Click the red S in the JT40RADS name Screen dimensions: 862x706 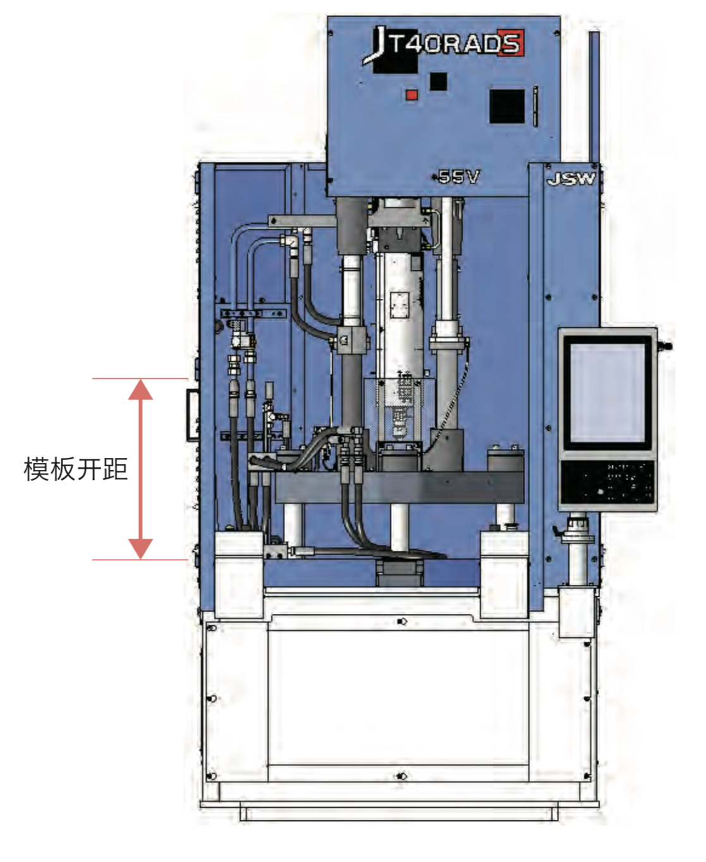click(x=509, y=43)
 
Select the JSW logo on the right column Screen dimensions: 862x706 click(x=571, y=179)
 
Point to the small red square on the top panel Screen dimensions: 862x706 click(x=411, y=95)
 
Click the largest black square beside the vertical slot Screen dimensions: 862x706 click(x=507, y=105)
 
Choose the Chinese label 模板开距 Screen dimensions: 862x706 click(x=75, y=469)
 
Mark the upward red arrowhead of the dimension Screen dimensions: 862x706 click(x=140, y=389)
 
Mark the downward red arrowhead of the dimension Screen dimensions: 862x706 click(x=140, y=548)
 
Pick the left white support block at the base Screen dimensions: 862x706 click(x=239, y=573)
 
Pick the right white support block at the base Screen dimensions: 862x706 click(x=504, y=573)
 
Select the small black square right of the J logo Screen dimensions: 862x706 click(x=438, y=81)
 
